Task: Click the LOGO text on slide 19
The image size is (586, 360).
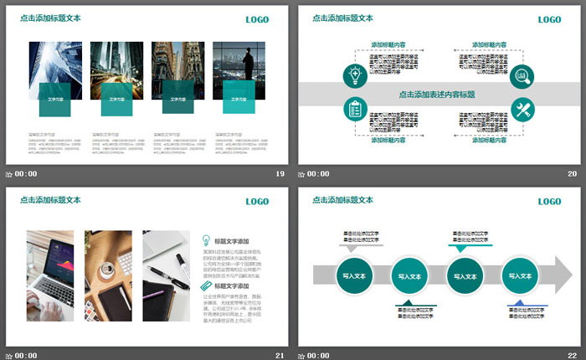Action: pyautogui.click(x=257, y=19)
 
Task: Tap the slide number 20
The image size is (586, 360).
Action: pyautogui.click(x=572, y=174)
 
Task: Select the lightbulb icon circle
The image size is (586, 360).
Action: pyautogui.click(x=353, y=76)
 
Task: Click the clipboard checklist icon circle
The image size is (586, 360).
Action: pyautogui.click(x=353, y=110)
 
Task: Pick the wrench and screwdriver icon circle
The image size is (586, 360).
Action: pyautogui.click(x=522, y=110)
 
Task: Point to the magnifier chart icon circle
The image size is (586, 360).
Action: pyautogui.click(x=522, y=76)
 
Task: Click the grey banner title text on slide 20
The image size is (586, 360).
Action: pyautogui.click(x=437, y=94)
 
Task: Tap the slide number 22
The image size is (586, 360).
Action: pyautogui.click(x=572, y=356)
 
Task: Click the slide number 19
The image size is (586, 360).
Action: pyautogui.click(x=280, y=174)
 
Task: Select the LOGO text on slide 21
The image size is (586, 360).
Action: pyautogui.click(x=257, y=202)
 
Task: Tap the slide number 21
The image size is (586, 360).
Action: pyautogui.click(x=280, y=356)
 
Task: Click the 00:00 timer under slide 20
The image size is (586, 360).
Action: pyautogui.click(x=317, y=174)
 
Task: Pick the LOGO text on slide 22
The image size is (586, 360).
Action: pyautogui.click(x=549, y=202)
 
